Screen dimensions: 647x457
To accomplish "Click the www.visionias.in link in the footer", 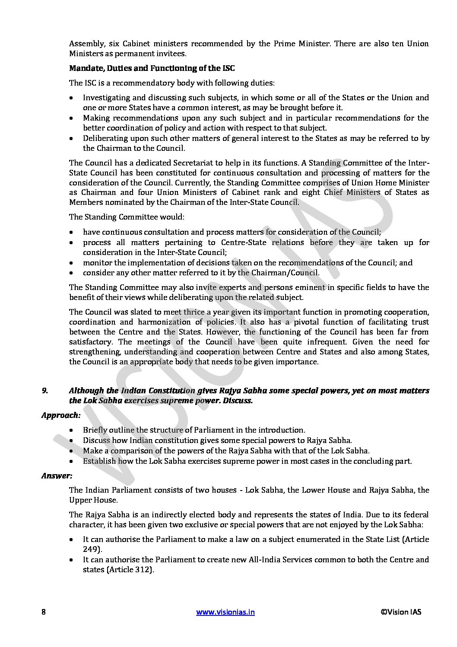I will (225, 612).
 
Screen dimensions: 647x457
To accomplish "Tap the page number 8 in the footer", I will (44, 612).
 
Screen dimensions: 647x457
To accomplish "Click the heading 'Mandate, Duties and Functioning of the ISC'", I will (152, 68).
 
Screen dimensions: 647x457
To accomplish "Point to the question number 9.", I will (44, 390).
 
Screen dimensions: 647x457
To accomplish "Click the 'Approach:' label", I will (61, 415).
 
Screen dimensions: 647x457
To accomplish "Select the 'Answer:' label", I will (57, 475).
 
